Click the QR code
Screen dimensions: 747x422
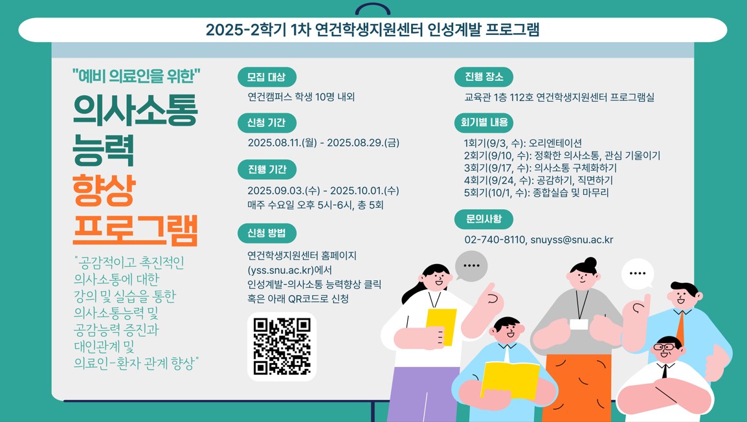282,346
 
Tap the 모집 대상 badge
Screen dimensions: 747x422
267,77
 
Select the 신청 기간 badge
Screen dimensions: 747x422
267,123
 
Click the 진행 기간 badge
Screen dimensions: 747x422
267,169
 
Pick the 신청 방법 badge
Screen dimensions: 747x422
267,233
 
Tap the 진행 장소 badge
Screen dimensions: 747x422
484,76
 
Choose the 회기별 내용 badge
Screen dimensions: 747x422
484,122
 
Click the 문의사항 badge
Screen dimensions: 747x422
484,219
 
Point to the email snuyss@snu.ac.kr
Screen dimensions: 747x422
572,239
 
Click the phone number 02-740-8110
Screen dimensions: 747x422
495,239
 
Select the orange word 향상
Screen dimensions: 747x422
104,190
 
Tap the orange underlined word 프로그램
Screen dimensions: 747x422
135,230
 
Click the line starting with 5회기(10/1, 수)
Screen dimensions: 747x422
537,193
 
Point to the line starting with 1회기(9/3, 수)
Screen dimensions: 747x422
523,144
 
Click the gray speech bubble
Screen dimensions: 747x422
471,266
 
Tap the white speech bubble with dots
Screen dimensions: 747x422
638,274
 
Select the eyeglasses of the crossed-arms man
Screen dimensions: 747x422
665,347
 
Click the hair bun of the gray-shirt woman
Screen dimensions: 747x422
590,263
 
